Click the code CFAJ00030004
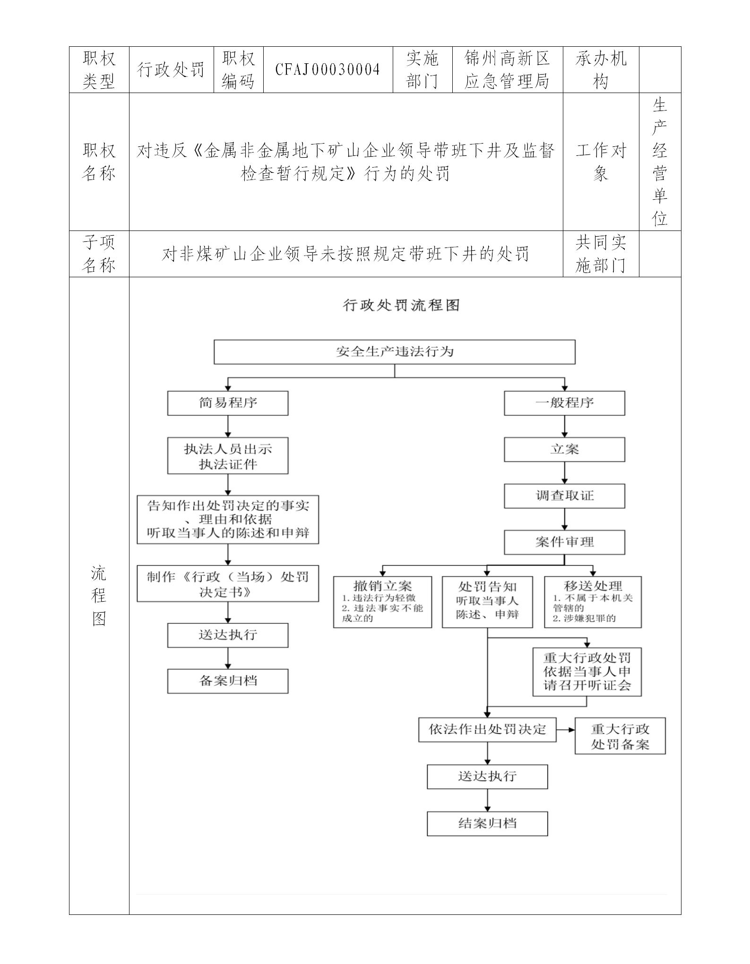tap(328, 70)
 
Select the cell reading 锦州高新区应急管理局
tap(507, 70)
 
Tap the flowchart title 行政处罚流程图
tap(401, 305)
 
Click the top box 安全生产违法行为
tap(395, 352)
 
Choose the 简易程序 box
tap(228, 403)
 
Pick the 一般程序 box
tap(564, 403)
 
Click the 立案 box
tap(564, 449)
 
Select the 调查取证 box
tap(564, 496)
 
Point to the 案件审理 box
tap(564, 542)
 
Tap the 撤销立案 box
tap(382, 602)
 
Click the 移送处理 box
tap(593, 602)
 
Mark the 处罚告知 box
tap(487, 602)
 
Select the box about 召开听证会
tap(587, 672)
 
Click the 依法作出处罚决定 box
tap(487, 729)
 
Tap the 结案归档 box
tap(487, 824)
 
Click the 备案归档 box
tap(228, 681)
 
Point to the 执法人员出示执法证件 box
tap(228, 456)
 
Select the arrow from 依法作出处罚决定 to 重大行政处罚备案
tap(566, 729)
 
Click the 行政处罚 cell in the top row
tap(171, 70)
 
